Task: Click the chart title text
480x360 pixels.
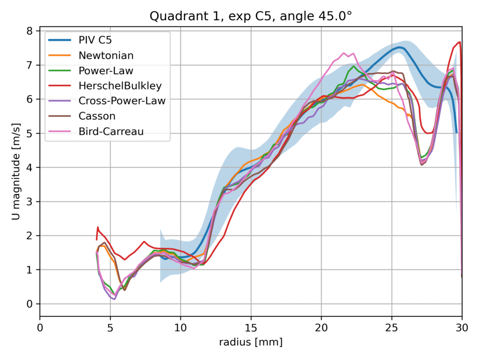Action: [251, 16]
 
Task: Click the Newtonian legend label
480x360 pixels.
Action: [106, 55]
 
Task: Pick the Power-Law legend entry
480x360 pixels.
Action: [106, 71]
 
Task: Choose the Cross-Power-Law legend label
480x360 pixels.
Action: [122, 101]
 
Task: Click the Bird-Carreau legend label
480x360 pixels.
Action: [111, 131]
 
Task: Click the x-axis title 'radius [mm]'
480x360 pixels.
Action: [251, 343]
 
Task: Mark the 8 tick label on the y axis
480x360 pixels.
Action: [30, 31]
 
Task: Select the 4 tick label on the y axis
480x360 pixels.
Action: [30, 167]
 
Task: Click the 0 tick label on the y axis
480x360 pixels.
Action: [30, 304]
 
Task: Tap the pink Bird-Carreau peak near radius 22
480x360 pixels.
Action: [344, 53]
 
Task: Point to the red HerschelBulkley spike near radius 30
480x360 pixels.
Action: [460, 42]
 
